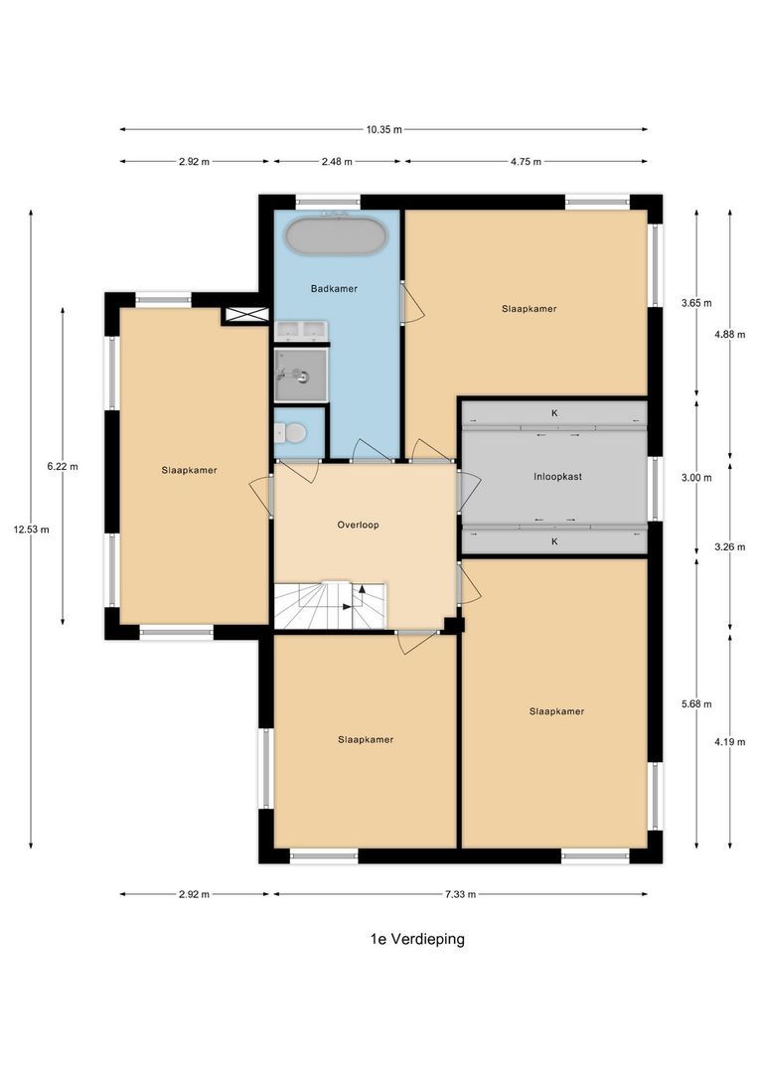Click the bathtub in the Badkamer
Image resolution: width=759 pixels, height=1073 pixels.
[334, 236]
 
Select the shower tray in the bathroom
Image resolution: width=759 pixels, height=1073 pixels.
[300, 374]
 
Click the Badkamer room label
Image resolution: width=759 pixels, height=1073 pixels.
[334, 289]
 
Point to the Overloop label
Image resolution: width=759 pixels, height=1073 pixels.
[358, 525]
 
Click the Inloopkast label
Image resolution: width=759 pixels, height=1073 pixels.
[557, 477]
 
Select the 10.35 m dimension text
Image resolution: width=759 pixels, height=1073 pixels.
[383, 129]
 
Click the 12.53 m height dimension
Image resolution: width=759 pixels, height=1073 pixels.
[31, 530]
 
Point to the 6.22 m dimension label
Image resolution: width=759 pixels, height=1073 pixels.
[64, 466]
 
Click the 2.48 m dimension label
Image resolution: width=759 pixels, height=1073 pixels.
[337, 161]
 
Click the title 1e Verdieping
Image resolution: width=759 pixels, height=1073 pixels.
[410, 939]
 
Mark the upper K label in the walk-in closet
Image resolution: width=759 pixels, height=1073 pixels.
[554, 412]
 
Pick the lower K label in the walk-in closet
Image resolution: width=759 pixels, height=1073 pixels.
[554, 541]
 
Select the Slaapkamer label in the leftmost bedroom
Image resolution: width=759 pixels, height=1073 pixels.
[189, 470]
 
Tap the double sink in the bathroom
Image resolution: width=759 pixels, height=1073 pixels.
[300, 331]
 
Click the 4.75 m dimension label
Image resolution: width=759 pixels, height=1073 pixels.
[527, 161]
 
